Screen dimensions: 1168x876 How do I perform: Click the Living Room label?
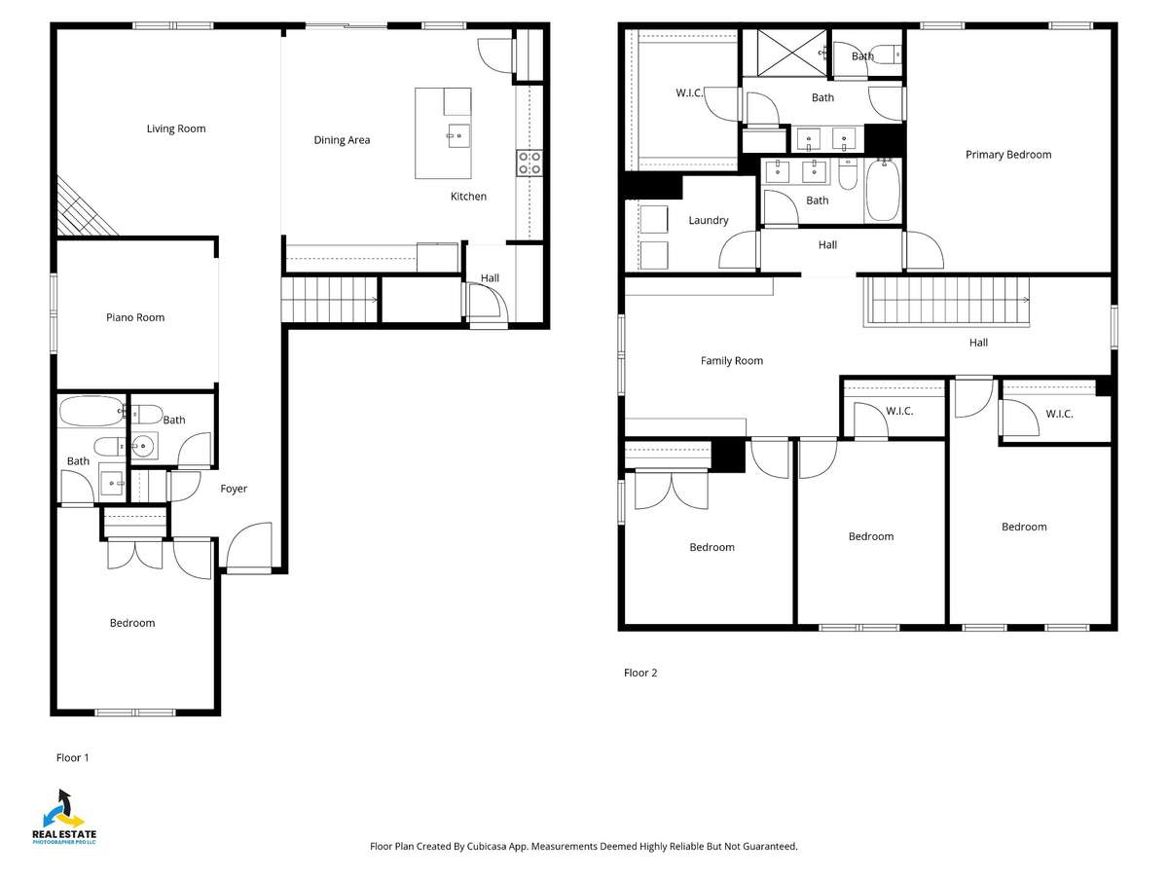[x=176, y=128]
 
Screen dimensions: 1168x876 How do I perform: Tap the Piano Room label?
[x=135, y=317]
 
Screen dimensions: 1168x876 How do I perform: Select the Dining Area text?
[x=342, y=140]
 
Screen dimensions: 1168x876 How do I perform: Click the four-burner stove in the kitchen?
[x=529, y=164]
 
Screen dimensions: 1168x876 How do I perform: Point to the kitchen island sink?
[x=458, y=135]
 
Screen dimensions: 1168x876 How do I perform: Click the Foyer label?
[x=234, y=489]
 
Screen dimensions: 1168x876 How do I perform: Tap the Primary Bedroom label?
[x=1008, y=155]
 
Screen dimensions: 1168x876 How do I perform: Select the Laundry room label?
[x=709, y=220]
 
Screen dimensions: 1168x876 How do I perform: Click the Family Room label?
[x=732, y=360]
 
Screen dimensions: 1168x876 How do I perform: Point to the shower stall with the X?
[x=792, y=53]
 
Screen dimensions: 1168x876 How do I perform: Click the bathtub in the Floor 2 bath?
[x=883, y=190]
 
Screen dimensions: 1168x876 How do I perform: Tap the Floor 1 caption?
[x=72, y=758]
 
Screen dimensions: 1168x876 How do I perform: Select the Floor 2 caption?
[x=640, y=673]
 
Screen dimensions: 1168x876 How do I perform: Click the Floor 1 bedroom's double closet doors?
[x=135, y=554]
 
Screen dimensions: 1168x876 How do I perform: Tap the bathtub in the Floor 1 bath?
[x=91, y=411]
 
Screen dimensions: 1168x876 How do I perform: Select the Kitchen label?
[x=468, y=197]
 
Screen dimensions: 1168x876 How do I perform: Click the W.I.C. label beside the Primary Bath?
[x=689, y=93]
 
